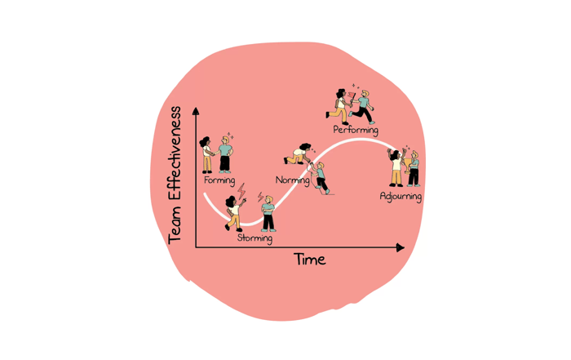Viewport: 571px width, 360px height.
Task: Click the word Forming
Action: pyautogui.click(x=219, y=180)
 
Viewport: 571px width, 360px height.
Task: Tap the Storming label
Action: pyautogui.click(x=255, y=238)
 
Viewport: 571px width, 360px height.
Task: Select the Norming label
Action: pyautogui.click(x=292, y=180)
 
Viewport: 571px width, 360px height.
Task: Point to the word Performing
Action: pyautogui.click(x=356, y=130)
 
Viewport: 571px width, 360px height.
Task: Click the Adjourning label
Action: pyautogui.click(x=401, y=197)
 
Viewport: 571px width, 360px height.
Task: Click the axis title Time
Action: pyautogui.click(x=309, y=260)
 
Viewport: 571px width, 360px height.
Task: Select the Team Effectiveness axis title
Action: pyautogui.click(x=175, y=176)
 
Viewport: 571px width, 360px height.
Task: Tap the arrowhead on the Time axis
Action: pyautogui.click(x=401, y=248)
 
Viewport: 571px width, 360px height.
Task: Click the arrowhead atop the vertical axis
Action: pyautogui.click(x=196, y=111)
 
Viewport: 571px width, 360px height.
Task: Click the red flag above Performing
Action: pyautogui.click(x=352, y=96)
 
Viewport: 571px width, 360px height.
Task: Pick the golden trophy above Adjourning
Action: pyautogui.click(x=407, y=165)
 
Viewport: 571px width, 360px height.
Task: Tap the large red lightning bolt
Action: pyautogui.click(x=241, y=191)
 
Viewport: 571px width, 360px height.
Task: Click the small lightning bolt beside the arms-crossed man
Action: pyautogui.click(x=260, y=197)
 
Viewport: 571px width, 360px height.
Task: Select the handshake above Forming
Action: pyautogui.click(x=215, y=153)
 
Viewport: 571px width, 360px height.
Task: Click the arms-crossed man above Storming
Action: pyautogui.click(x=268, y=214)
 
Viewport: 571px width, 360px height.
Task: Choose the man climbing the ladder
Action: pyautogui.click(x=320, y=178)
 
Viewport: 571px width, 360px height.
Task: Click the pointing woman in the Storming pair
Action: pyautogui.click(x=234, y=214)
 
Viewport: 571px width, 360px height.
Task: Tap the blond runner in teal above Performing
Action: pyautogui.click(x=362, y=107)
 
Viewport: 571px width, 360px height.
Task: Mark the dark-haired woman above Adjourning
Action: pyautogui.click(x=396, y=168)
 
